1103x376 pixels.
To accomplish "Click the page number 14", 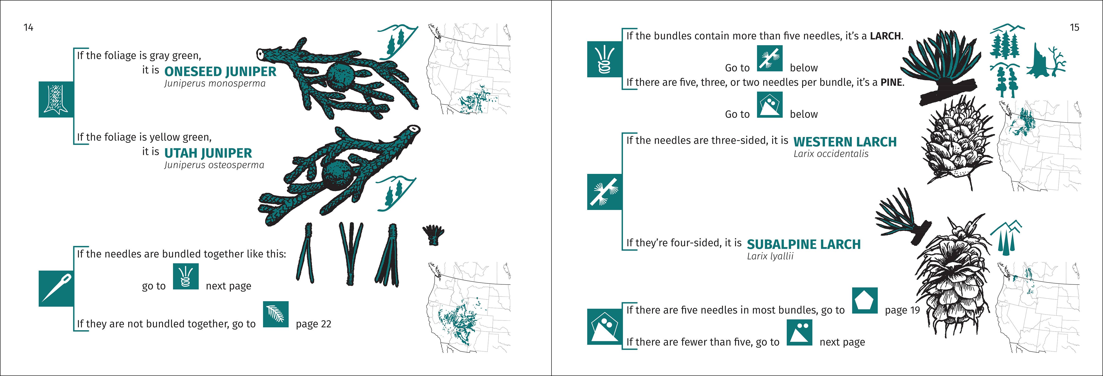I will [28, 27].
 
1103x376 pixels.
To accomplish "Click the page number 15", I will [1074, 27].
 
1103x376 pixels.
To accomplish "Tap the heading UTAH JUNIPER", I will [208, 153].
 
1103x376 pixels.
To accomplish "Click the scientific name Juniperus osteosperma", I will [214, 165].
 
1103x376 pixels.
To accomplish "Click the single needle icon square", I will [56, 289].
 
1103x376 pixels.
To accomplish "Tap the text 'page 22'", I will [314, 324].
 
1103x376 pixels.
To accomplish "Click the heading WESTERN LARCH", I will [845, 142].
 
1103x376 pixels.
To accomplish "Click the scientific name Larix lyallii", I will [770, 256].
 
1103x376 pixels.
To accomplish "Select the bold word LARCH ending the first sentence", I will [885, 36].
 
